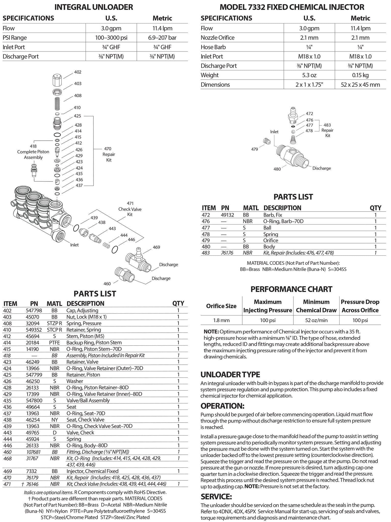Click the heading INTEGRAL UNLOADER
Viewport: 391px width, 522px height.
point(94,7)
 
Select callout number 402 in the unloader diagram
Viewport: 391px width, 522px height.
point(78,72)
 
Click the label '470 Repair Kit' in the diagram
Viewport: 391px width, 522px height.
point(109,154)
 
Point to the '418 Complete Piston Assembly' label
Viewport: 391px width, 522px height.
point(33,152)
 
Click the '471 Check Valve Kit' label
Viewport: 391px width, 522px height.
point(130,209)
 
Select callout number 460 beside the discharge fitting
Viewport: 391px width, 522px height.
point(107,284)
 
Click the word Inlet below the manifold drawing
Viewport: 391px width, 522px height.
point(74,245)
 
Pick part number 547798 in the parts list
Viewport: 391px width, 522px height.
point(34,310)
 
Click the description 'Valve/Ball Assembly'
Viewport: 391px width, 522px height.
point(88,400)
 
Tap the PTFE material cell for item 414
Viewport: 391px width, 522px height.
point(54,343)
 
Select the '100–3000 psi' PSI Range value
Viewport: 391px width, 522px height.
point(111,38)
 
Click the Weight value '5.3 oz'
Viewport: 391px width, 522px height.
point(309,75)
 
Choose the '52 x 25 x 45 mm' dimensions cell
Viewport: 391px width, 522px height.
point(360,85)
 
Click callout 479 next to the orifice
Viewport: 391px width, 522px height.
point(254,149)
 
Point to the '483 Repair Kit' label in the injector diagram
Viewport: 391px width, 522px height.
point(328,130)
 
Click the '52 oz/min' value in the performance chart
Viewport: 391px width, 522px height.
point(316,320)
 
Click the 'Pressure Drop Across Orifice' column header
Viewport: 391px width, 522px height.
point(360,306)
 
